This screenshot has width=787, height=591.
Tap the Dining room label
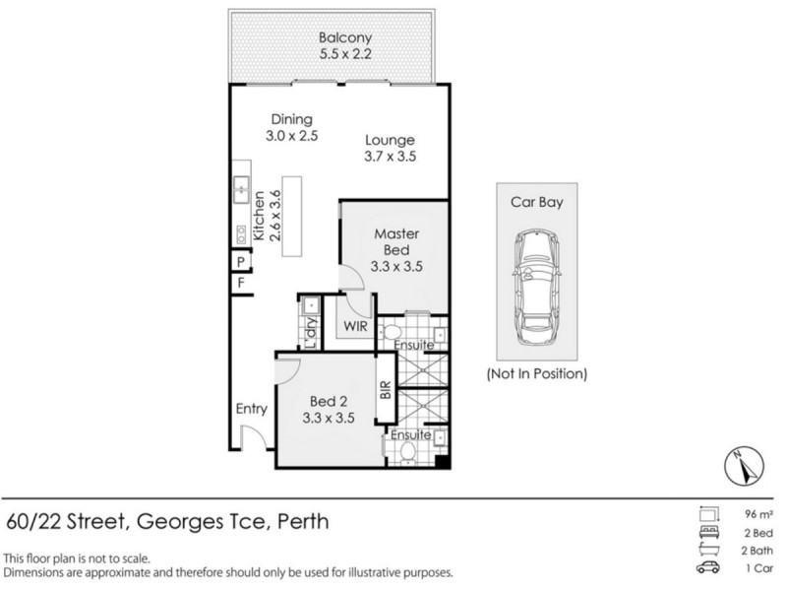point(292,126)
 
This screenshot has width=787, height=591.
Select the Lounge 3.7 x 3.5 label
point(391,149)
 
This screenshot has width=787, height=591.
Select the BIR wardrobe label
point(386,393)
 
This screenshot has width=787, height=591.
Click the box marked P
point(239,261)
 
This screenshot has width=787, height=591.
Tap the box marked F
point(239,284)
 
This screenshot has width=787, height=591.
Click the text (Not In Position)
point(536,374)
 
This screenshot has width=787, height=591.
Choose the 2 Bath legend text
point(756,549)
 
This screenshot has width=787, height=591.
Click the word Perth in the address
point(300,520)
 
